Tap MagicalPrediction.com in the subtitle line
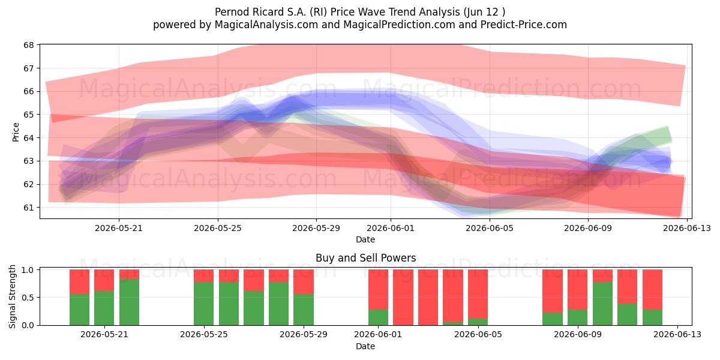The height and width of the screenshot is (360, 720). [399, 25]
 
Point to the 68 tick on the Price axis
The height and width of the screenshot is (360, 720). [29, 45]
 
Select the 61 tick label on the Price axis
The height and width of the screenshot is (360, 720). [29, 208]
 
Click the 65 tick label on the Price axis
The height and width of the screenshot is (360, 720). [29, 115]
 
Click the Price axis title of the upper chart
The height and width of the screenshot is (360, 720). [16, 132]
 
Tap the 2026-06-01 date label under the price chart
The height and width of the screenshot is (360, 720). [391, 228]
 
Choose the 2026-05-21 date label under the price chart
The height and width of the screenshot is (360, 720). [119, 228]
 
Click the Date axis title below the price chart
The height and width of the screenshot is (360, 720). [365, 239]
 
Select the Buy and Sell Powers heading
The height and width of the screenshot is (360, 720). [365, 258]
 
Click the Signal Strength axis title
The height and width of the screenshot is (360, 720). [12, 296]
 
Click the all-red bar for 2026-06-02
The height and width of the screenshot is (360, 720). [403, 298]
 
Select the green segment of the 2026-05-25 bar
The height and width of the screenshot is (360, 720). [204, 304]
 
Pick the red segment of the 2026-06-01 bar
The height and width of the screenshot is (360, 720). [379, 290]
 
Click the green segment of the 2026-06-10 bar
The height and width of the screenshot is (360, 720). [602, 304]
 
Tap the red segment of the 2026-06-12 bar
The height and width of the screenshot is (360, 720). [653, 290]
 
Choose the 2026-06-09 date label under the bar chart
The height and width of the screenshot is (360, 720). [578, 334]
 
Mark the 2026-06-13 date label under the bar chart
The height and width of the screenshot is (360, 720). [677, 334]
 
